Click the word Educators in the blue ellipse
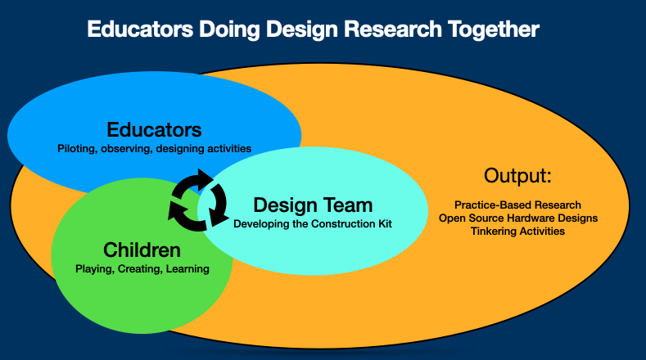click(154, 130)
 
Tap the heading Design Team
click(313, 205)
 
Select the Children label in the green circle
click(142, 250)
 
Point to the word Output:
click(517, 176)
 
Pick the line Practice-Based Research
click(518, 205)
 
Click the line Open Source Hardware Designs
click(518, 218)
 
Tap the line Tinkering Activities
click(518, 231)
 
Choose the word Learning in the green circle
click(187, 269)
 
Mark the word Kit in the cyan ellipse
click(385, 223)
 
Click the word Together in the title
click(494, 29)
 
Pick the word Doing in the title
click(229, 29)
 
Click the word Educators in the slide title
click(140, 29)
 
